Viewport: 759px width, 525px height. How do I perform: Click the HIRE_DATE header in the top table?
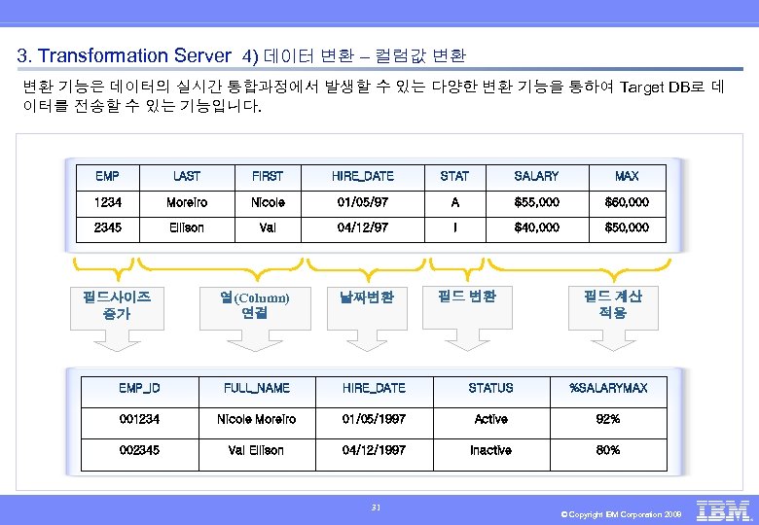[363, 176]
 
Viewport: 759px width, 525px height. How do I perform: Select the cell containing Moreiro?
[187, 202]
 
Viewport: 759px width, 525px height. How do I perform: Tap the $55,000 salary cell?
[536, 202]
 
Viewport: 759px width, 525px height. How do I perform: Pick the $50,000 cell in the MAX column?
[627, 227]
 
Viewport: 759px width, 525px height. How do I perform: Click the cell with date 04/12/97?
[363, 227]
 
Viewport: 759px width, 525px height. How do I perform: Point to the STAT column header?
[454, 176]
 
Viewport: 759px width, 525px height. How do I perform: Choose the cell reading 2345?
[108, 227]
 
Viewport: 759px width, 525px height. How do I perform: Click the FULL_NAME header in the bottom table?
[257, 388]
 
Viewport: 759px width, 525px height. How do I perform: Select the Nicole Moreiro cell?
[257, 419]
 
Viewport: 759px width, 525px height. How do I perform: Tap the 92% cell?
[608, 419]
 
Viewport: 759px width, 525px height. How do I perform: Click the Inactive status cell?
[490, 450]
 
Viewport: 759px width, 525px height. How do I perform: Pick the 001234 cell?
[139, 419]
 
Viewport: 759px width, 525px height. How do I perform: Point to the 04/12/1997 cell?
[374, 450]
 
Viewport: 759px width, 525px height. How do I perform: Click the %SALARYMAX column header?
[608, 388]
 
